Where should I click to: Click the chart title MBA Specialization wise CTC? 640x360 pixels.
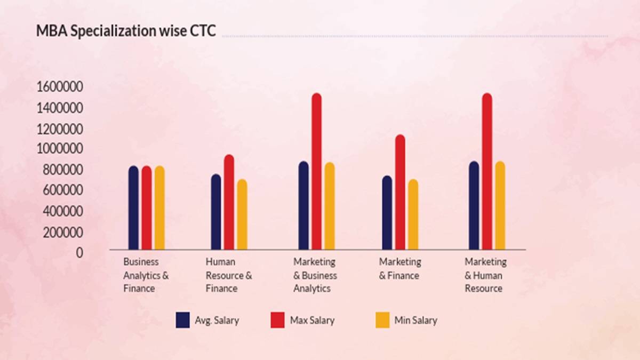click(x=126, y=31)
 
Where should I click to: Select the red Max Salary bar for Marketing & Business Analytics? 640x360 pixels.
click(x=316, y=171)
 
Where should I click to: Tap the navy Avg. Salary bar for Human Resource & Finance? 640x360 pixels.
click(x=216, y=212)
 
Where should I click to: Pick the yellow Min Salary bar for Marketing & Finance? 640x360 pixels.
click(x=413, y=214)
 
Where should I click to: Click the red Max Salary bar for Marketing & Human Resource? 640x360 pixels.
click(x=487, y=171)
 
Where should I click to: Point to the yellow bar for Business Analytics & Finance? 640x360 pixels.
click(x=159, y=207)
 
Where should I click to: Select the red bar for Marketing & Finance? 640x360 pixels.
click(x=400, y=192)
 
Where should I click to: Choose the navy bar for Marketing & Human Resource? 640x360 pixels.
click(x=474, y=205)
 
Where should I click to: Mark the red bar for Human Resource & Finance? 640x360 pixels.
click(x=229, y=202)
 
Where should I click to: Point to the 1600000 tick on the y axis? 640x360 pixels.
click(x=60, y=87)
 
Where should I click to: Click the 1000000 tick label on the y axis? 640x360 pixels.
click(x=60, y=149)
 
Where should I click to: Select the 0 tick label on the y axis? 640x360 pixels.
click(x=80, y=253)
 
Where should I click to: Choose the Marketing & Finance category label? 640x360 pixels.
click(x=400, y=269)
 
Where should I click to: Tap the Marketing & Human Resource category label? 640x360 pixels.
click(x=485, y=275)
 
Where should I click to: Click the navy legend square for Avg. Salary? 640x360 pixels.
click(x=183, y=321)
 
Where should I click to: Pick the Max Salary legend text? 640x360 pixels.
click(x=312, y=321)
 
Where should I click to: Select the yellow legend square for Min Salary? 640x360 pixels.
click(x=382, y=321)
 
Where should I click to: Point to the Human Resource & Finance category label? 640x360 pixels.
click(x=229, y=275)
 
